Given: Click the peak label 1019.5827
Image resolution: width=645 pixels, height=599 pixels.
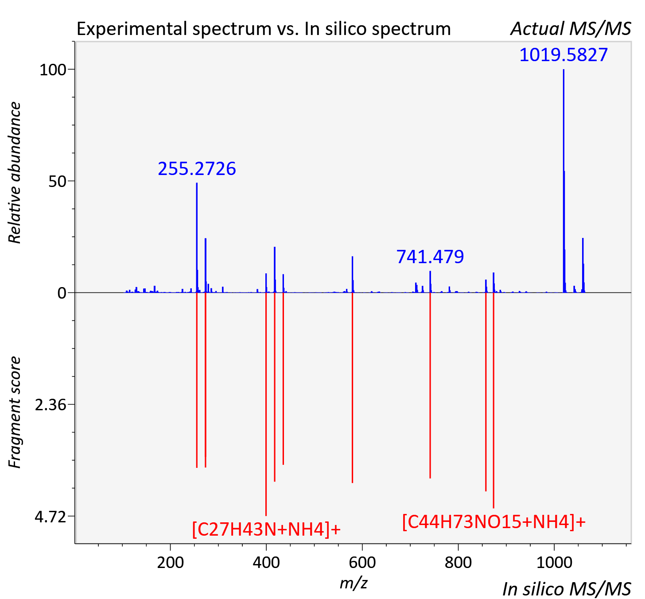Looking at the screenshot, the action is click(563, 55).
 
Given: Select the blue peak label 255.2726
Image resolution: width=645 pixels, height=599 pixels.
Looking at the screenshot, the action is click(197, 169).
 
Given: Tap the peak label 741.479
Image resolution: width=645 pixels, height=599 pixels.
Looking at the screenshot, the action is click(430, 257).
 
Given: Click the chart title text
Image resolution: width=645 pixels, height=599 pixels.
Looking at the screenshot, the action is click(264, 29).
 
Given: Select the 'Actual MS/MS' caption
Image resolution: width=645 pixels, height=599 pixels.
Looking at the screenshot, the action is click(571, 29).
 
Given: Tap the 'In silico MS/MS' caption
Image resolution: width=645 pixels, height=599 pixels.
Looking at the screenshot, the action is click(567, 589).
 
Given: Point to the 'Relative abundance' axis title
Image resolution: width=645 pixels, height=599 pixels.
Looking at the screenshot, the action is click(15, 172).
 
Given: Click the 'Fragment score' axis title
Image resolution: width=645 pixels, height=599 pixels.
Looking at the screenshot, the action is click(15, 412).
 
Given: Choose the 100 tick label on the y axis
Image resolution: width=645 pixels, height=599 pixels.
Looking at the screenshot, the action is click(53, 70).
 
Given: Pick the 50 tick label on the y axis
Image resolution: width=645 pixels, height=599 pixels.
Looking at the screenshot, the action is click(57, 182).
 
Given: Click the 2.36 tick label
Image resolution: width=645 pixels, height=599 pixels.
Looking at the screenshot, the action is click(51, 405).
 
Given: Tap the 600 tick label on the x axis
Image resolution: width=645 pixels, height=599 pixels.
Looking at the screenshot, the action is click(362, 562).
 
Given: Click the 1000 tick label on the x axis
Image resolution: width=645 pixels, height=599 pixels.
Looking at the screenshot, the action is click(554, 562).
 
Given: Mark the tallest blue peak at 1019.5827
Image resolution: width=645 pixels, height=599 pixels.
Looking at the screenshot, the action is click(563, 181).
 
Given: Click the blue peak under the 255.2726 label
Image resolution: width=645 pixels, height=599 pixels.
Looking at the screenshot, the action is click(197, 237).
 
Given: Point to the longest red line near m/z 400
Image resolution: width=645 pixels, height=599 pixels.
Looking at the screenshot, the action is click(266, 404).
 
